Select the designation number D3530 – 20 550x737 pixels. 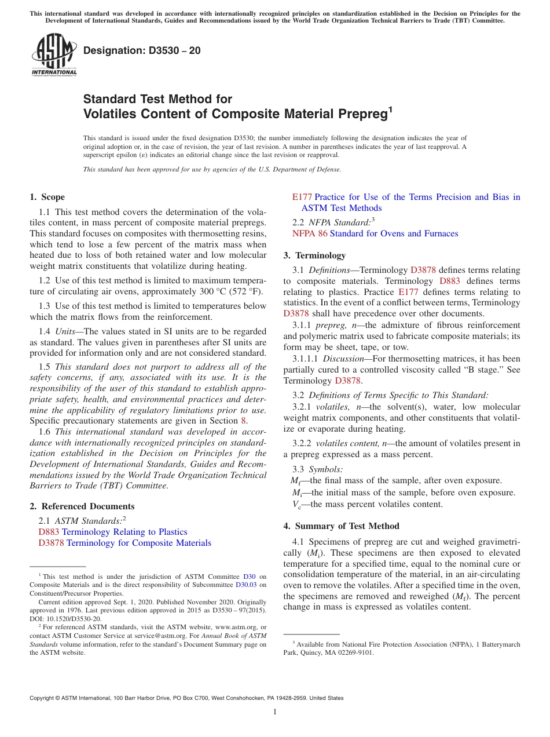pyautogui.click(x=142, y=50)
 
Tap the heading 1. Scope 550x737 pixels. pyautogui.click(x=47, y=197)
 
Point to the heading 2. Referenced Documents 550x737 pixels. pyautogui.click(x=82, y=506)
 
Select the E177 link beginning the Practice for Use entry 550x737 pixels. pyautogui.click(x=302, y=197)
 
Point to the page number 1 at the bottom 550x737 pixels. pyautogui.click(x=275, y=712)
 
